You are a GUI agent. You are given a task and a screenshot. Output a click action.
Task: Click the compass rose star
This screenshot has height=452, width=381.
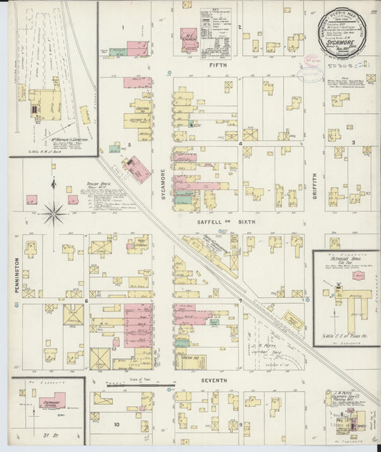click(54, 211)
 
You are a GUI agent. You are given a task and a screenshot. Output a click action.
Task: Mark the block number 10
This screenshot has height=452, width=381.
click(116, 424)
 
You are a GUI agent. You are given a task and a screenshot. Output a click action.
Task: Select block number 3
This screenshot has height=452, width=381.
click(353, 143)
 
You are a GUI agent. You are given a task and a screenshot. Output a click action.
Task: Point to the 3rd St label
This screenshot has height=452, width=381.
click(48, 438)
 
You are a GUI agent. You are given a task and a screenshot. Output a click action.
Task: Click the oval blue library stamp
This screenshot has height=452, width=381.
click(311, 60)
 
